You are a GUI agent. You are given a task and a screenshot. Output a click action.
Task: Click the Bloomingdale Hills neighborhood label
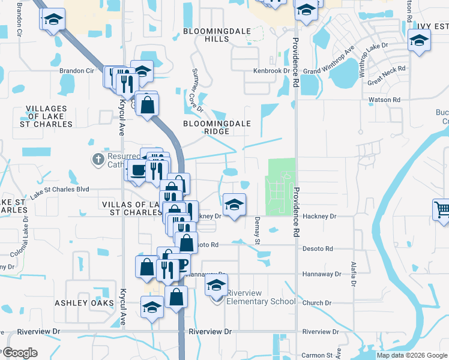[206, 34]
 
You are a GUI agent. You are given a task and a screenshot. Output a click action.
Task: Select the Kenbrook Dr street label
[271, 71]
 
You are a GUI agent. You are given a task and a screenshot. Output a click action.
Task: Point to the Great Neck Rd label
[387, 76]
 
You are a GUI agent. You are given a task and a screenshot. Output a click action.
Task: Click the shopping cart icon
[442, 210]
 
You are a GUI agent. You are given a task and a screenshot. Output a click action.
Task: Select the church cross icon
[98, 160]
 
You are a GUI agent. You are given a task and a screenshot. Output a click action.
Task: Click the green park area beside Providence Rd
[280, 186]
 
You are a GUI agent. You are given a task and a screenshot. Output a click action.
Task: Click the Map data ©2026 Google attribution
[411, 355]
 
